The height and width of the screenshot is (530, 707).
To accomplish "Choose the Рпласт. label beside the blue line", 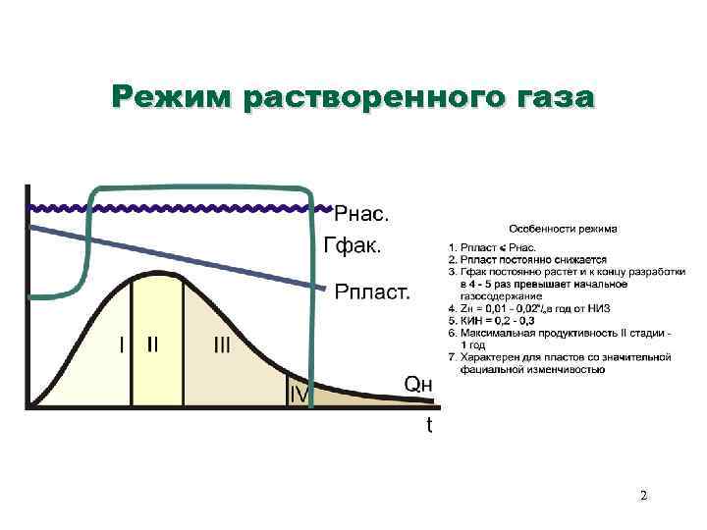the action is point(373,291).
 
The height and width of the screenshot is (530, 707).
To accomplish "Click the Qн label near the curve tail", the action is point(418,384).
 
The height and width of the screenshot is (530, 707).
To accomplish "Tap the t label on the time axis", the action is point(429,426).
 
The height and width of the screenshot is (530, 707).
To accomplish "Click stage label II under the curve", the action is point(154,345).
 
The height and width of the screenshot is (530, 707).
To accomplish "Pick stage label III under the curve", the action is point(223,345).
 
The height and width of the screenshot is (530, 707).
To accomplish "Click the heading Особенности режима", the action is point(563,229).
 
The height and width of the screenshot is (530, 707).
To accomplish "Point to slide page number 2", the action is point(643,496).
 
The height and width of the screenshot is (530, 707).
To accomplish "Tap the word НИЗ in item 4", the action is point(590,308).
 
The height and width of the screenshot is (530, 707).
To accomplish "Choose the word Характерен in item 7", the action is point(483,357).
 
